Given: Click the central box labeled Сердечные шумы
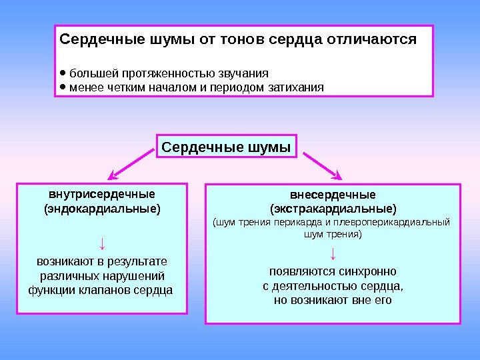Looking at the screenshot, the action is click(x=227, y=147).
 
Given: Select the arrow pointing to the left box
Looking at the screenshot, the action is click(x=133, y=166).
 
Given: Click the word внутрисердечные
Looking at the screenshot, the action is click(x=102, y=194).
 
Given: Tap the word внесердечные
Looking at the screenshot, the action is click(x=333, y=195).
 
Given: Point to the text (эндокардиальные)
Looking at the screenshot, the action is click(x=102, y=209).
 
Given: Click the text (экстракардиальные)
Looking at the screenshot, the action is click(x=333, y=209).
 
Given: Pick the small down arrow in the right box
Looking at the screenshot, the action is click(x=333, y=253).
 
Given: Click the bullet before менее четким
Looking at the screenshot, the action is click(x=63, y=87).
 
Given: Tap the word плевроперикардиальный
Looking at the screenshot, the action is click(x=394, y=222).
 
